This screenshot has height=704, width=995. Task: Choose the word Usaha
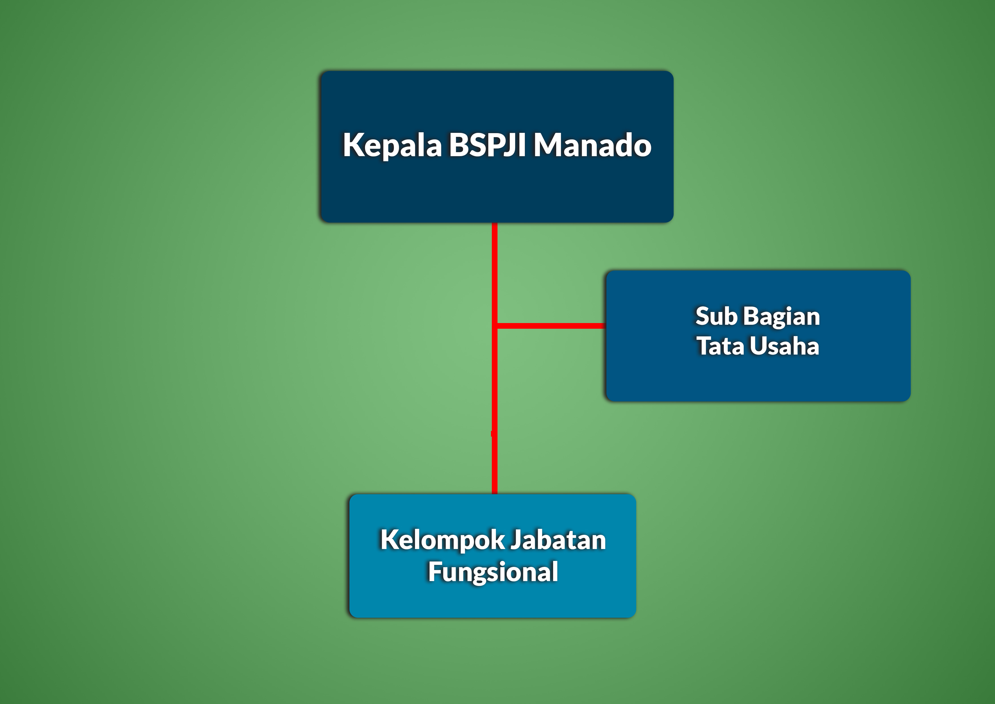(x=784, y=346)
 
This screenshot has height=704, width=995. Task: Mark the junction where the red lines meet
(x=494, y=326)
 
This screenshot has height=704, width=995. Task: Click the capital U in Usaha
(x=758, y=346)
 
